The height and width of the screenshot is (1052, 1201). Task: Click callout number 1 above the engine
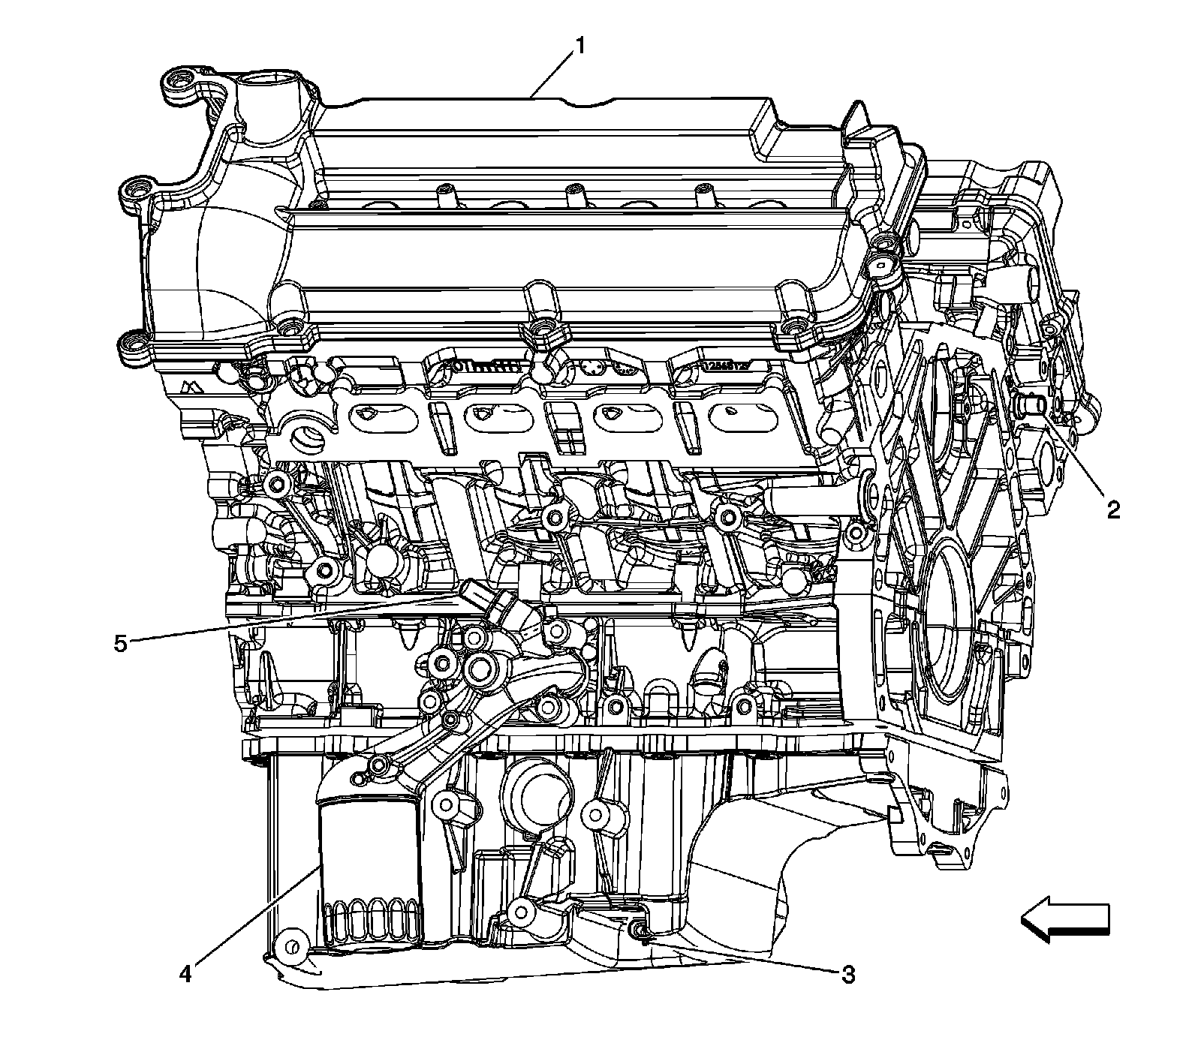(x=579, y=47)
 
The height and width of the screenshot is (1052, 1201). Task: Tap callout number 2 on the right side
(x=1112, y=510)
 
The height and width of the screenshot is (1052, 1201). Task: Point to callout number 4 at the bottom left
(x=185, y=974)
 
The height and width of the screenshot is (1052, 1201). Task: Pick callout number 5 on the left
(x=121, y=644)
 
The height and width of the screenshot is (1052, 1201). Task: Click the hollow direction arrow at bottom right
(x=1064, y=920)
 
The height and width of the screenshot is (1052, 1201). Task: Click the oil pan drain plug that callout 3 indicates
(x=639, y=931)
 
